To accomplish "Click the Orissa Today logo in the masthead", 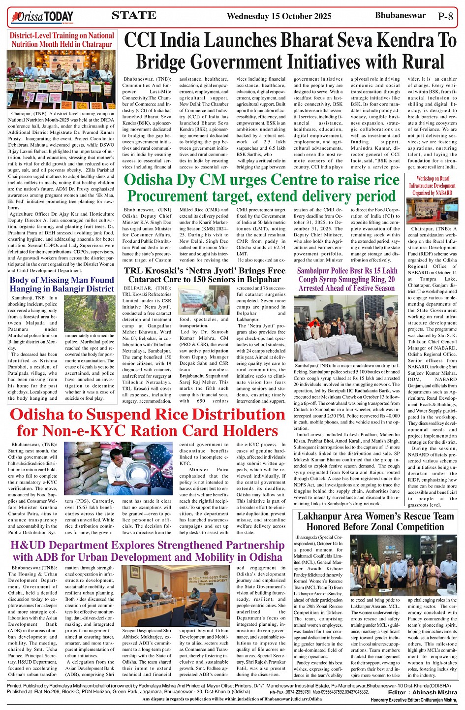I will (x=42, y=18).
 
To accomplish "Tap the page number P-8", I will (x=445, y=16).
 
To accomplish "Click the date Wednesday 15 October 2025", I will (x=279, y=16).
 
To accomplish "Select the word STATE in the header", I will (x=134, y=15).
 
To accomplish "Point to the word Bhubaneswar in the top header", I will (x=400, y=15).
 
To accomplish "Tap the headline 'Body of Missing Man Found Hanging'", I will (x=62, y=285).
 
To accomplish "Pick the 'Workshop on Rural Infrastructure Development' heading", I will (x=433, y=186).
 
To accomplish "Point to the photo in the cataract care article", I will (x=203, y=300).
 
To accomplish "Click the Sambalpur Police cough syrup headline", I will (x=347, y=279).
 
